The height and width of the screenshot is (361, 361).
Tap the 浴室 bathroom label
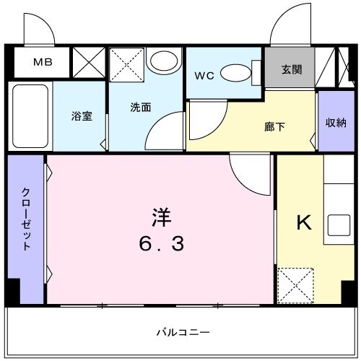81,116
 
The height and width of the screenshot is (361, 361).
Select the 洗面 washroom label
140,108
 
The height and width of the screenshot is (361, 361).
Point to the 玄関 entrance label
291,70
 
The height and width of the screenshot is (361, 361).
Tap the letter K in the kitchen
305,223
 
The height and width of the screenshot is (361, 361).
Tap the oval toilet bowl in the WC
234,73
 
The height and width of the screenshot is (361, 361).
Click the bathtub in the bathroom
30,118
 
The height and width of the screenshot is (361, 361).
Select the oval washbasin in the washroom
167,61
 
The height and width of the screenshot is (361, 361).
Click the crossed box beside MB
90,61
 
